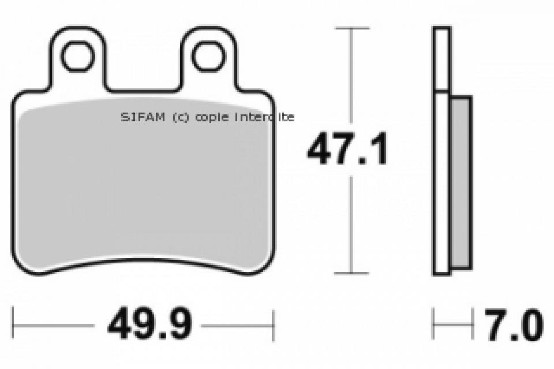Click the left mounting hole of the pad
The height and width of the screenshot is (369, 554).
pyautogui.click(x=78, y=56)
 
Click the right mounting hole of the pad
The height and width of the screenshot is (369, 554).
pyautogui.click(x=208, y=56)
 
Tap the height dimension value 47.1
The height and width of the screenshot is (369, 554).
pyautogui.click(x=347, y=148)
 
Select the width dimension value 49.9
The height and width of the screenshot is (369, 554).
pyautogui.click(x=150, y=324)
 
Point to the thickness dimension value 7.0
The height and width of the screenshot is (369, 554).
pyautogui.click(x=514, y=325)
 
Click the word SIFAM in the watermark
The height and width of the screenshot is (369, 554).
pyautogui.click(x=143, y=117)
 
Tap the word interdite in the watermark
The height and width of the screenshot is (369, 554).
pyautogui.click(x=264, y=117)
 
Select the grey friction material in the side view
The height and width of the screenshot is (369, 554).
pyautogui.click(x=461, y=182)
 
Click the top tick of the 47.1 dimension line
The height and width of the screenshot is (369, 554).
pyautogui.click(x=352, y=28)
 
